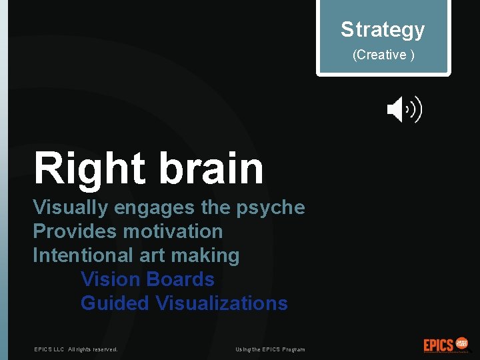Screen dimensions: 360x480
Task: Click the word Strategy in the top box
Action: pyautogui.click(x=383, y=29)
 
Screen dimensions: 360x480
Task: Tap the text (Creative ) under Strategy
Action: pyautogui.click(x=383, y=55)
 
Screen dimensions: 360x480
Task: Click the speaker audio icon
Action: pyautogui.click(x=404, y=109)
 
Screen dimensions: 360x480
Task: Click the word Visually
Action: pyautogui.click(x=70, y=207)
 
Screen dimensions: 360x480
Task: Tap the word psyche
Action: pyautogui.click(x=271, y=208)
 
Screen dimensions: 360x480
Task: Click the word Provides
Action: pyautogui.click(x=72, y=231)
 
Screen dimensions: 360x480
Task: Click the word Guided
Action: pyautogui.click(x=115, y=303)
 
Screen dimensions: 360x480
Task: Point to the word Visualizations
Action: pyautogui.click(x=221, y=303)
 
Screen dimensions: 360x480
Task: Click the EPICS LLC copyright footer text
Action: pyautogui.click(x=76, y=349)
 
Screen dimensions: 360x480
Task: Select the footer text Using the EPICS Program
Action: pyautogui.click(x=270, y=349)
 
